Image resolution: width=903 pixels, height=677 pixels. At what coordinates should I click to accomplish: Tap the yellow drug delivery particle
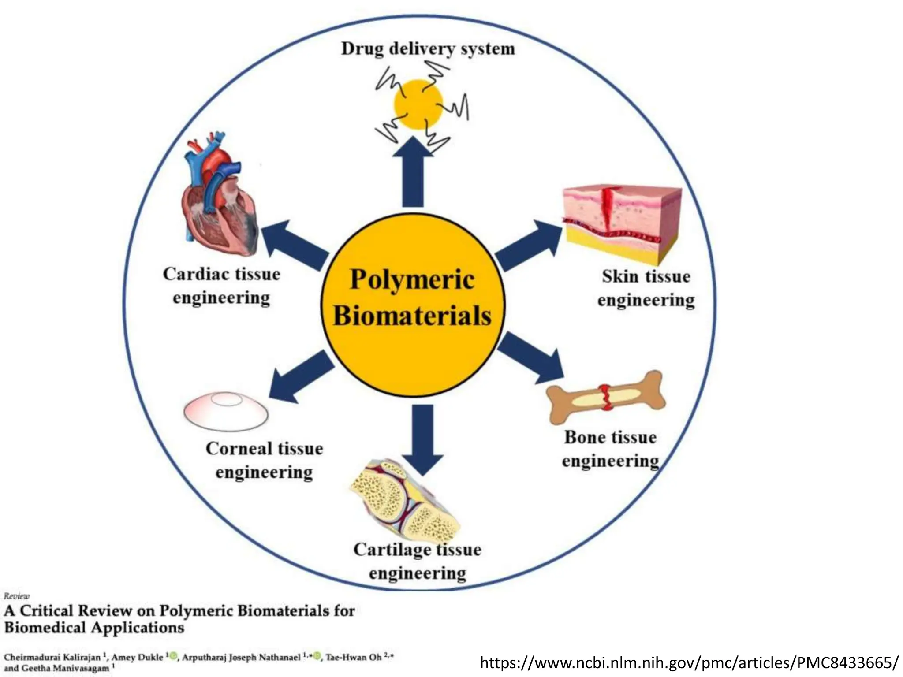418,104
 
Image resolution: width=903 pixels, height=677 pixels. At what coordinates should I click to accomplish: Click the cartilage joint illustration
403,500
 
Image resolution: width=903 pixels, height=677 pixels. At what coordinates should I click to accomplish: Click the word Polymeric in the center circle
412,280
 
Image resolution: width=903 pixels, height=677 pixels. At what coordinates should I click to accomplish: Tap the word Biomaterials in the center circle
412,316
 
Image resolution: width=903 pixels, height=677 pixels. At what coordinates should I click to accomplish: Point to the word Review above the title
17,596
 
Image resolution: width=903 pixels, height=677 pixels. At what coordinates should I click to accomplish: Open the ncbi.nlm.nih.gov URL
689,662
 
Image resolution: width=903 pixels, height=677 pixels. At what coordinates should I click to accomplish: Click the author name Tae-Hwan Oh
354,657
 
